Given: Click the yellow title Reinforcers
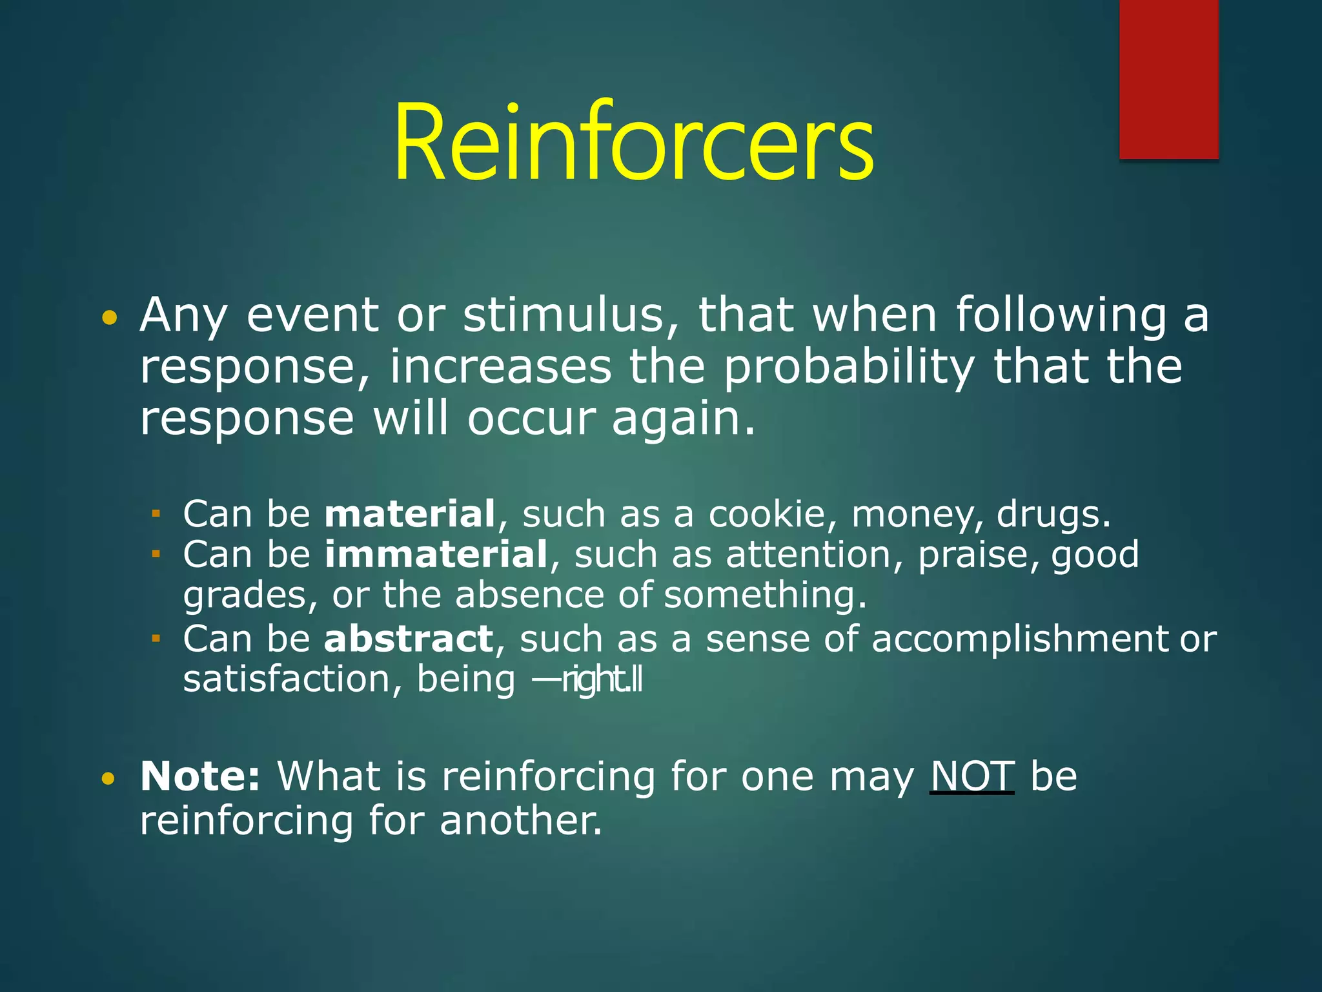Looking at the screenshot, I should (x=634, y=143).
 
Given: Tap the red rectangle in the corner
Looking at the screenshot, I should (x=1168, y=79).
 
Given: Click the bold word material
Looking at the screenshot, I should (x=410, y=514).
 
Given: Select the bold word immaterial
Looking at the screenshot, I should (x=436, y=555).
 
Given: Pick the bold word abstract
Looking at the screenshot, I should (x=409, y=639).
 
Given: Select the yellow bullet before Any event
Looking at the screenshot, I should (x=110, y=318).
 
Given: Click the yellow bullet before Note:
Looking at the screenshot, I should (x=108, y=779).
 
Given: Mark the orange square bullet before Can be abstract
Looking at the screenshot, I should (x=156, y=639).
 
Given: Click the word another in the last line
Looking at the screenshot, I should (x=520, y=821).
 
